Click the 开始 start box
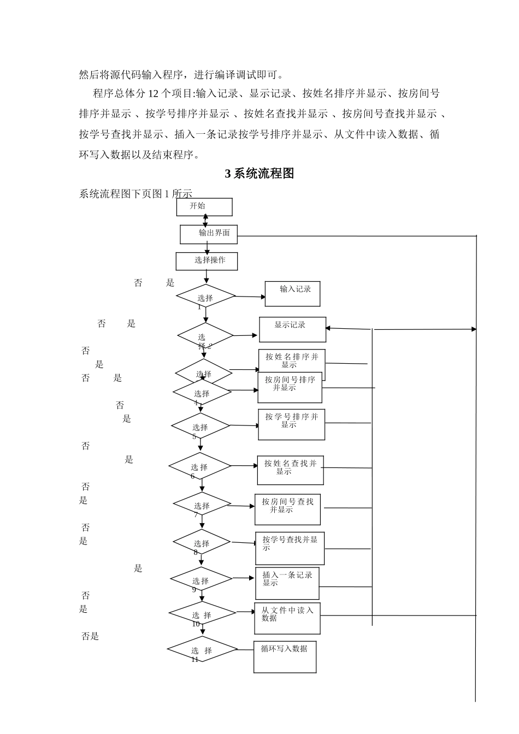204,207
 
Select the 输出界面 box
209,234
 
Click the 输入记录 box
292,294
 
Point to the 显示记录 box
292,329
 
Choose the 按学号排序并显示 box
291,424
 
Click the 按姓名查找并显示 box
290,470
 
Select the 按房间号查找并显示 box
287,510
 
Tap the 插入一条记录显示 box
287,583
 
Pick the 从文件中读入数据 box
287,618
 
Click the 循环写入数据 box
285,656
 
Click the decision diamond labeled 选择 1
205,296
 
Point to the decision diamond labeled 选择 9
201,579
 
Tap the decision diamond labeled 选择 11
202,649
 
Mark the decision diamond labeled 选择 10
202,614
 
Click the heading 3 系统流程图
259,174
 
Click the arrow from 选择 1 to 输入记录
250,297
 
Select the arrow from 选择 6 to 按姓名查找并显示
244,466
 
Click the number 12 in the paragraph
154,93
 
